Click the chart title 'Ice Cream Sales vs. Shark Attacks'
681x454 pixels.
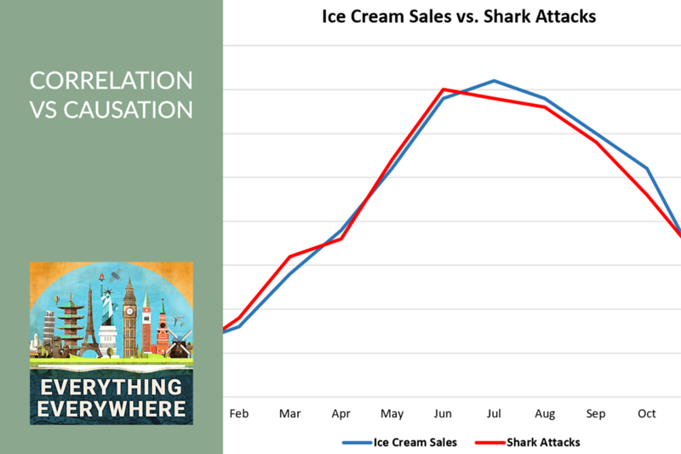coord(459,16)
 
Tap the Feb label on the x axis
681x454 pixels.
coord(239,413)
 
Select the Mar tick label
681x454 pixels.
coord(289,413)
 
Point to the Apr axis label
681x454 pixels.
coord(341,414)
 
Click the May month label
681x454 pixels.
coord(392,414)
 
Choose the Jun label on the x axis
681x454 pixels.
coord(443,413)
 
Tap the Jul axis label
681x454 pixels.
coord(494,413)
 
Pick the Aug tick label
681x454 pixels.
coord(545,414)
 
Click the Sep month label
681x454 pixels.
coord(595,414)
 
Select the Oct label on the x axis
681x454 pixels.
coord(647,413)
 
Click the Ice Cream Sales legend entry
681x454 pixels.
coord(399,442)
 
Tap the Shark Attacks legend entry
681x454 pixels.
coord(528,442)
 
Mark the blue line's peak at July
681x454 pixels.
coord(494,81)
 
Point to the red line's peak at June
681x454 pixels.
coord(443,89)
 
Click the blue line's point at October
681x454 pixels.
coord(647,169)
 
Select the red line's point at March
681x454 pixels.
coord(290,256)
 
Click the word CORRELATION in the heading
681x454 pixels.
coord(112,81)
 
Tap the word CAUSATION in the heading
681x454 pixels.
coord(129,110)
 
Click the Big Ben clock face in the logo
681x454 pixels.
coord(129,311)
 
